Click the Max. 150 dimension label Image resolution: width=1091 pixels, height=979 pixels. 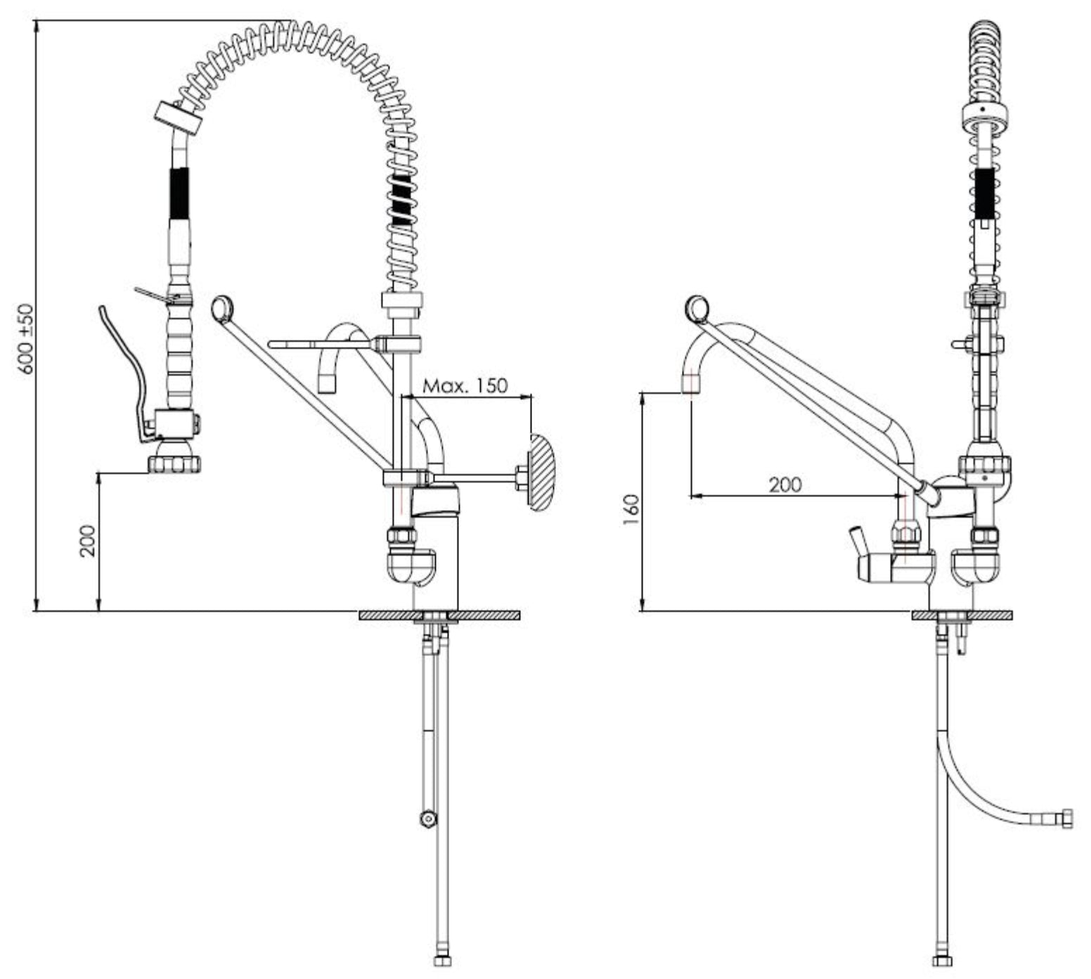(465, 385)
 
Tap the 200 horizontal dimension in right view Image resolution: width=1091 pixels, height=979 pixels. (785, 485)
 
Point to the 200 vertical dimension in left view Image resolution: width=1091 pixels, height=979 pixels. (87, 540)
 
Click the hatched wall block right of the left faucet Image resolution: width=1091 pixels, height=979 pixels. (542, 471)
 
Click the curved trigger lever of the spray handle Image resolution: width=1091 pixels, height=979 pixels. (126, 372)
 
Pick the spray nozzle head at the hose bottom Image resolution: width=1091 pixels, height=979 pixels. (174, 463)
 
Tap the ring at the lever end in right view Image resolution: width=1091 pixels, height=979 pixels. (698, 307)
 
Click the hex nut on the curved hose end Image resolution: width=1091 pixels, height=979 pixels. (1068, 819)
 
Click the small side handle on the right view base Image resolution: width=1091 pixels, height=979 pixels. (857, 541)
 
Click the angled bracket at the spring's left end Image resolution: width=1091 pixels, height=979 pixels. (178, 117)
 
